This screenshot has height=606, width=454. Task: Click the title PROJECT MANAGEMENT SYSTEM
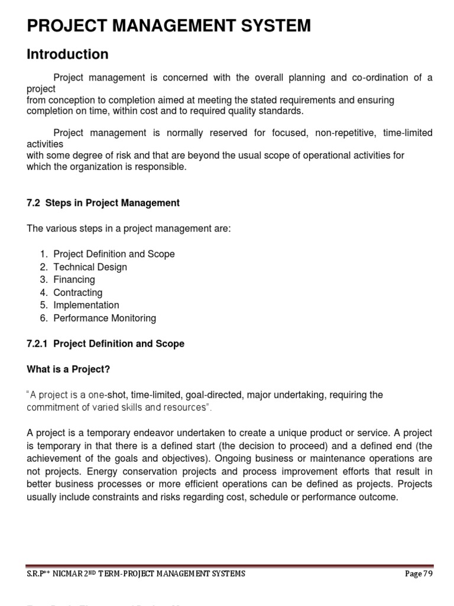click(x=168, y=25)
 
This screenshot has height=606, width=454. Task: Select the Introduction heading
click(x=67, y=54)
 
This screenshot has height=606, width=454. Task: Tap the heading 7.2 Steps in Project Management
click(x=103, y=203)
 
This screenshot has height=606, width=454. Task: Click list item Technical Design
click(x=90, y=267)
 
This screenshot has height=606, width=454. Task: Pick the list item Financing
click(x=74, y=279)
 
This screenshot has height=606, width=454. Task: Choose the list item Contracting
click(x=77, y=292)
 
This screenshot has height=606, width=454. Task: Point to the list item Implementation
click(x=86, y=305)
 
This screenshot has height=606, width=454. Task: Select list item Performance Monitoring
click(x=105, y=318)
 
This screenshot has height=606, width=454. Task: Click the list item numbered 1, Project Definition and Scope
click(x=114, y=254)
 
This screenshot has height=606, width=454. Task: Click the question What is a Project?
click(x=69, y=369)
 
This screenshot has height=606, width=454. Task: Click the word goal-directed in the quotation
click(x=218, y=395)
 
